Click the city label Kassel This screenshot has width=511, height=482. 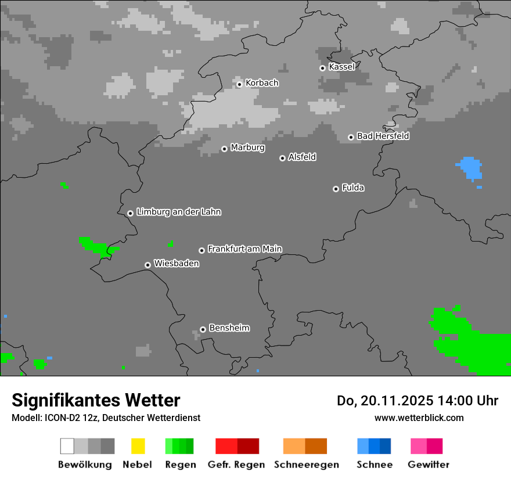(341, 67)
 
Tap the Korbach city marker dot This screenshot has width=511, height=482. (239, 84)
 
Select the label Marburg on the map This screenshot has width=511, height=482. (247, 148)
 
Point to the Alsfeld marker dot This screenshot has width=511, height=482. (282, 158)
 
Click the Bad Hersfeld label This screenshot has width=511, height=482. (383, 136)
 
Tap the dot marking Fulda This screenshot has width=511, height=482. (336, 189)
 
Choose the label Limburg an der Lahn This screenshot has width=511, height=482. (178, 212)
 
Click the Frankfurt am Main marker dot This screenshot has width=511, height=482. (202, 250)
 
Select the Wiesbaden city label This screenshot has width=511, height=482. (176, 264)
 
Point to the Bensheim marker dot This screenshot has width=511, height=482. (203, 329)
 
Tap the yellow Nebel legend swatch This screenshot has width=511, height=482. (138, 446)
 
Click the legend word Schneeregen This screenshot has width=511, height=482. (306, 465)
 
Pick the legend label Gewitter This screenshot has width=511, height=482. (429, 465)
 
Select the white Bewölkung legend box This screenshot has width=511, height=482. (67, 446)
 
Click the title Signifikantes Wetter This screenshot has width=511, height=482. (96, 401)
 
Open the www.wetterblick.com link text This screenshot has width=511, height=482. (419, 418)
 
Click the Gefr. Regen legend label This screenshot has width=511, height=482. (236, 465)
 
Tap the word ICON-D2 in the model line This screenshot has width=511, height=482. (60, 418)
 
